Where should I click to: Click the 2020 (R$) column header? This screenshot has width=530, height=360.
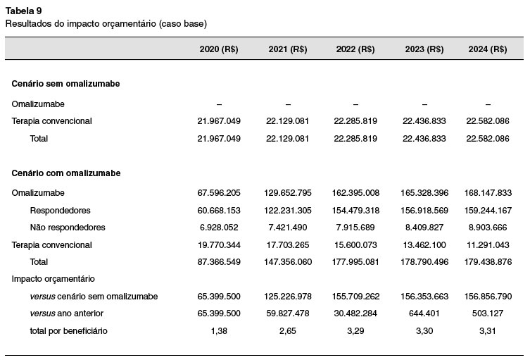point(219,49)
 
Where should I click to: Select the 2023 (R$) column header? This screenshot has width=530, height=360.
point(424,49)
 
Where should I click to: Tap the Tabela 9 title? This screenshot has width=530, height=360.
point(23,11)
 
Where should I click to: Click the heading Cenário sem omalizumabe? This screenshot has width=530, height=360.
point(65,84)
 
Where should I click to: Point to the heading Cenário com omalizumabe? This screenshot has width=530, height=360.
point(66,173)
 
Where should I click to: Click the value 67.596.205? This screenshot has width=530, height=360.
point(219,193)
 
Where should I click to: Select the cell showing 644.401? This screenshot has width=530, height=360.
point(424,314)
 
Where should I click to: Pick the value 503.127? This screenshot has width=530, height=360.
point(487,314)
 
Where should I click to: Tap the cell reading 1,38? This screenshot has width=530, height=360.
point(219,331)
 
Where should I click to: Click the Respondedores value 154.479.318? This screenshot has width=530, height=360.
point(355,211)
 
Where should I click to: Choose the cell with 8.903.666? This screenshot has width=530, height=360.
point(487,228)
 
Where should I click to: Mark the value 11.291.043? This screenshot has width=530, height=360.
point(487,245)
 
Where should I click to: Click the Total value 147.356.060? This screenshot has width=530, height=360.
point(288,262)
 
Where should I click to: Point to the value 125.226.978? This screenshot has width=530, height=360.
point(288,297)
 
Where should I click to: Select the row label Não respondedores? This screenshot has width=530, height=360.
point(68,228)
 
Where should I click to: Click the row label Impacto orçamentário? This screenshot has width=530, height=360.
point(53,279)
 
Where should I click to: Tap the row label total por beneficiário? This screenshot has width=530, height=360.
point(68,331)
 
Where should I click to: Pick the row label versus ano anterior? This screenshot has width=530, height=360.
point(67,314)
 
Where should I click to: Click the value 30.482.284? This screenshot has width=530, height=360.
point(355,314)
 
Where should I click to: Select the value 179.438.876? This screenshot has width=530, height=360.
point(487,262)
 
